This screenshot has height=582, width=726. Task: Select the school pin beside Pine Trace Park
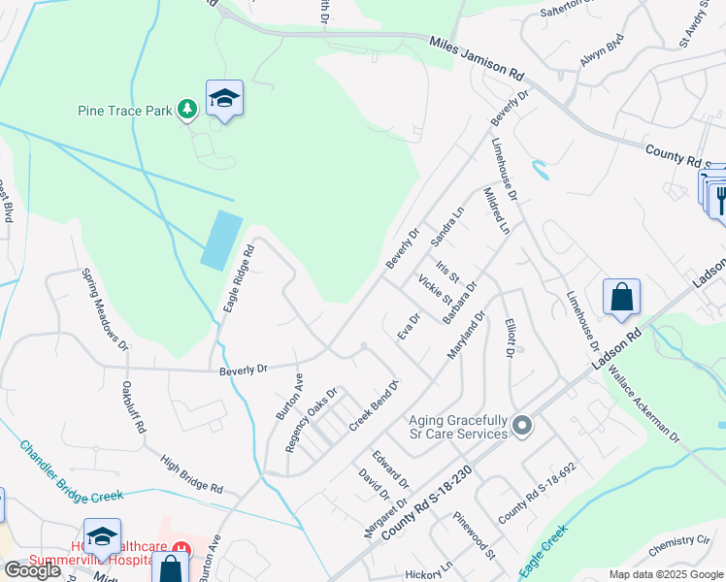point(224,99)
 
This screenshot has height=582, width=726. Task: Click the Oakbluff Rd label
point(133,407)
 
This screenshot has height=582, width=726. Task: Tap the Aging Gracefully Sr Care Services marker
point(522,426)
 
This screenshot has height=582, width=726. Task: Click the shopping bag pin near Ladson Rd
point(621,299)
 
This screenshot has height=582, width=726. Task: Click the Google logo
point(32,570)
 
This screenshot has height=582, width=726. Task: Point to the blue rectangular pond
point(221,240)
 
